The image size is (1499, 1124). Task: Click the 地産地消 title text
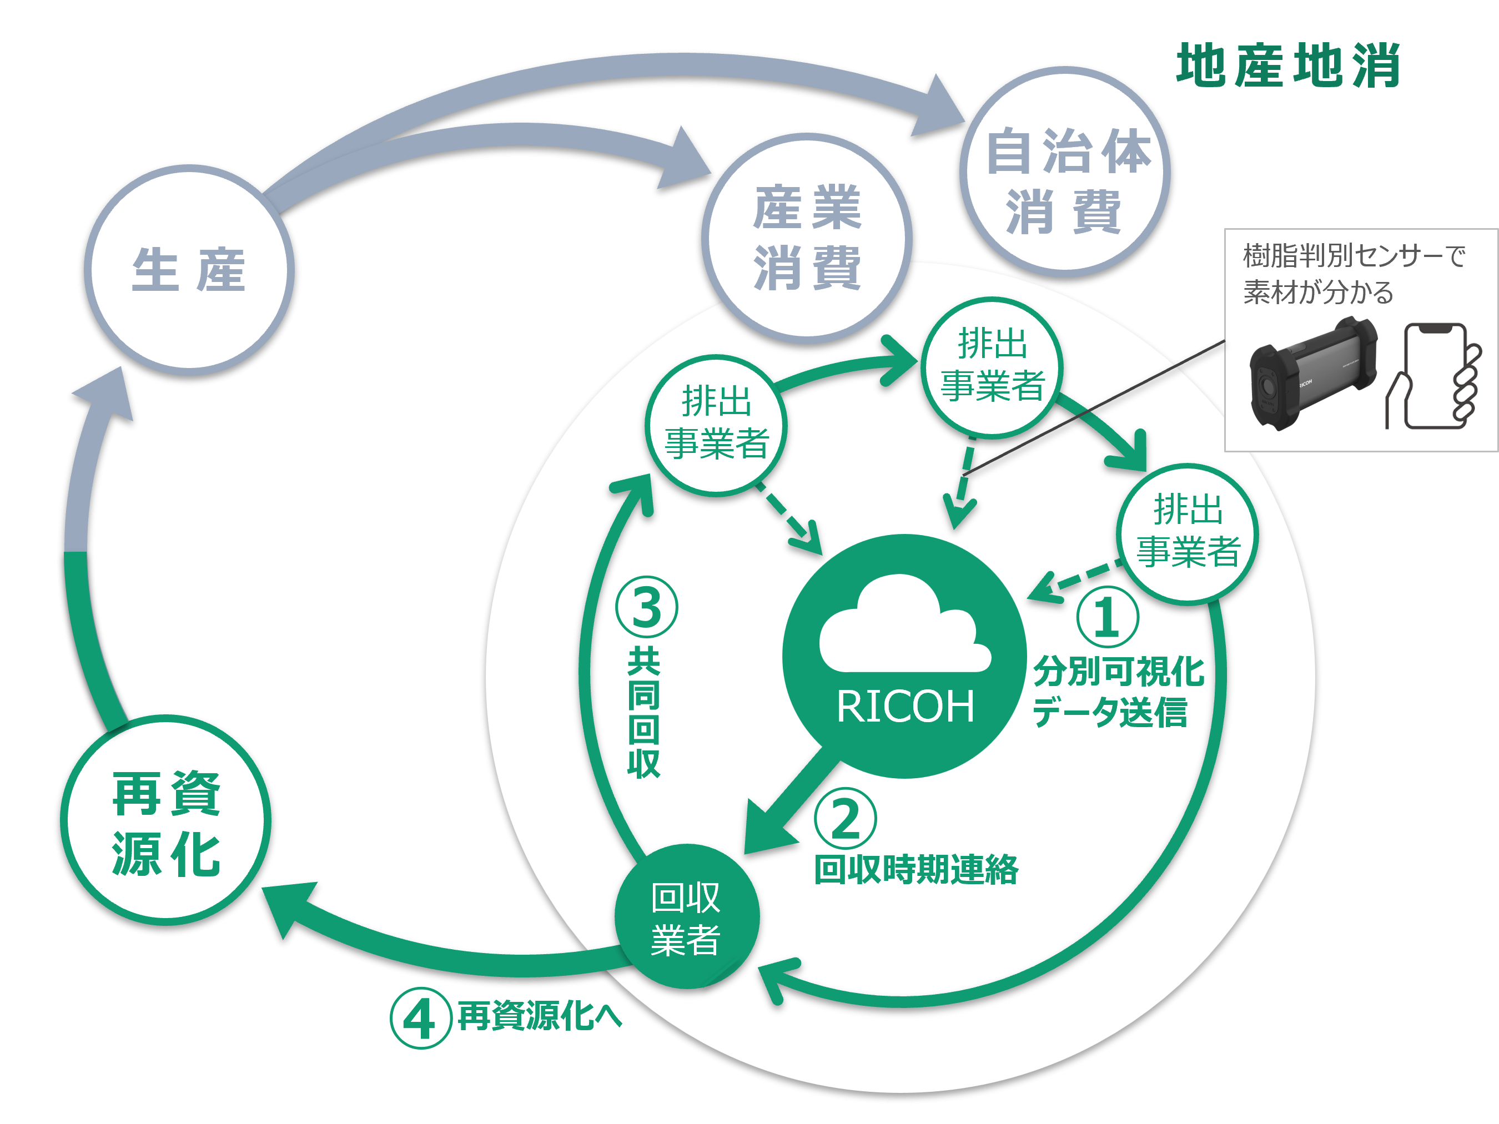coord(1287,65)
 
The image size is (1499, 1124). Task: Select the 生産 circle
coord(189,270)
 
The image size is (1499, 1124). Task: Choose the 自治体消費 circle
coord(1065,172)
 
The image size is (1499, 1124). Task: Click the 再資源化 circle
coord(166,820)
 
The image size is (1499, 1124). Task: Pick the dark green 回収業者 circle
coord(686,916)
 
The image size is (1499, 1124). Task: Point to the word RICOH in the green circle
coord(906,707)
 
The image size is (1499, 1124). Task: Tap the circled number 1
coord(1107,617)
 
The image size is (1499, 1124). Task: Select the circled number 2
coord(845,819)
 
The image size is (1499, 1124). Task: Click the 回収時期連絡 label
coord(916,870)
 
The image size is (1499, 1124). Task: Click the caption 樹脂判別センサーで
coord(1354,256)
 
